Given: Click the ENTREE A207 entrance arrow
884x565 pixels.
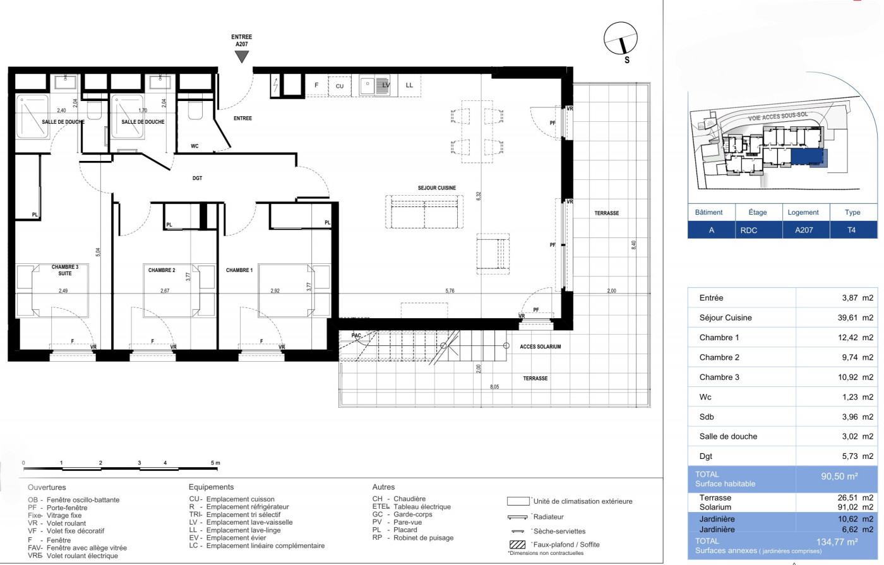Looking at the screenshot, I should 241,56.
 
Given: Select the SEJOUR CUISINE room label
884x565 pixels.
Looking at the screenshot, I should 436,188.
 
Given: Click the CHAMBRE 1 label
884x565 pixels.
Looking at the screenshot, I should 239,270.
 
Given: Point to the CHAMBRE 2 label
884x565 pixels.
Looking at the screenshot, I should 162,270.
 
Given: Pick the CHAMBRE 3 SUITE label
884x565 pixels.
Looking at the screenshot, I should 64,270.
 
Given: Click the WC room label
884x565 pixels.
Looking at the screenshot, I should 194,146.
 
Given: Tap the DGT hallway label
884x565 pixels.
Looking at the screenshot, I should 198,179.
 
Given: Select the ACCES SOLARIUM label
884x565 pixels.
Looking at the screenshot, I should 540,347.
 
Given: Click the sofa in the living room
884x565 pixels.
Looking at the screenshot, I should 424,212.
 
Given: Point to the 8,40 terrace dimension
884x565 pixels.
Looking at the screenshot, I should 634,245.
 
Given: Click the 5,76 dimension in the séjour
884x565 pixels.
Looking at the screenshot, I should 450,291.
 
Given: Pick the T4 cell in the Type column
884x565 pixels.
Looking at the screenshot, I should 851,230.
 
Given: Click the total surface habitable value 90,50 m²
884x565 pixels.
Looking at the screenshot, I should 839,477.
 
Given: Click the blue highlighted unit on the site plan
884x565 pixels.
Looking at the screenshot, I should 808,156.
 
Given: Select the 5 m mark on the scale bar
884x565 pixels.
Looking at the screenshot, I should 215,463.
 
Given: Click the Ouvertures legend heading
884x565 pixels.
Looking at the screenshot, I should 47,487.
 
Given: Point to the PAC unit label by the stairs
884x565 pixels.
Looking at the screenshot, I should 356,336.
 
